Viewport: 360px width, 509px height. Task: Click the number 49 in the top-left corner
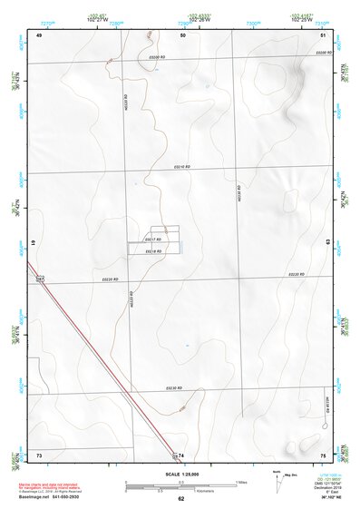tap(39, 34)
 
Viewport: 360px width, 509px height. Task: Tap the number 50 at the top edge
tap(183, 34)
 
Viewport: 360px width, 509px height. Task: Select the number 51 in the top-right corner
tap(324, 34)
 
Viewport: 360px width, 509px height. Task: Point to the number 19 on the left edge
tap(34, 243)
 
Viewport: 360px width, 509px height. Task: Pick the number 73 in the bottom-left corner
tap(39, 455)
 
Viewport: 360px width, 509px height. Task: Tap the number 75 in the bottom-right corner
tap(323, 455)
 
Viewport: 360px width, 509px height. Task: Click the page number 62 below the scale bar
tap(181, 498)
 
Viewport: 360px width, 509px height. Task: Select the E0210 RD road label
tap(182, 167)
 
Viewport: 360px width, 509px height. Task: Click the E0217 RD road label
tap(153, 239)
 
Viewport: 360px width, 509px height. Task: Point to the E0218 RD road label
tap(153, 250)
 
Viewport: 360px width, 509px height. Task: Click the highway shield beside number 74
tap(174, 454)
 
